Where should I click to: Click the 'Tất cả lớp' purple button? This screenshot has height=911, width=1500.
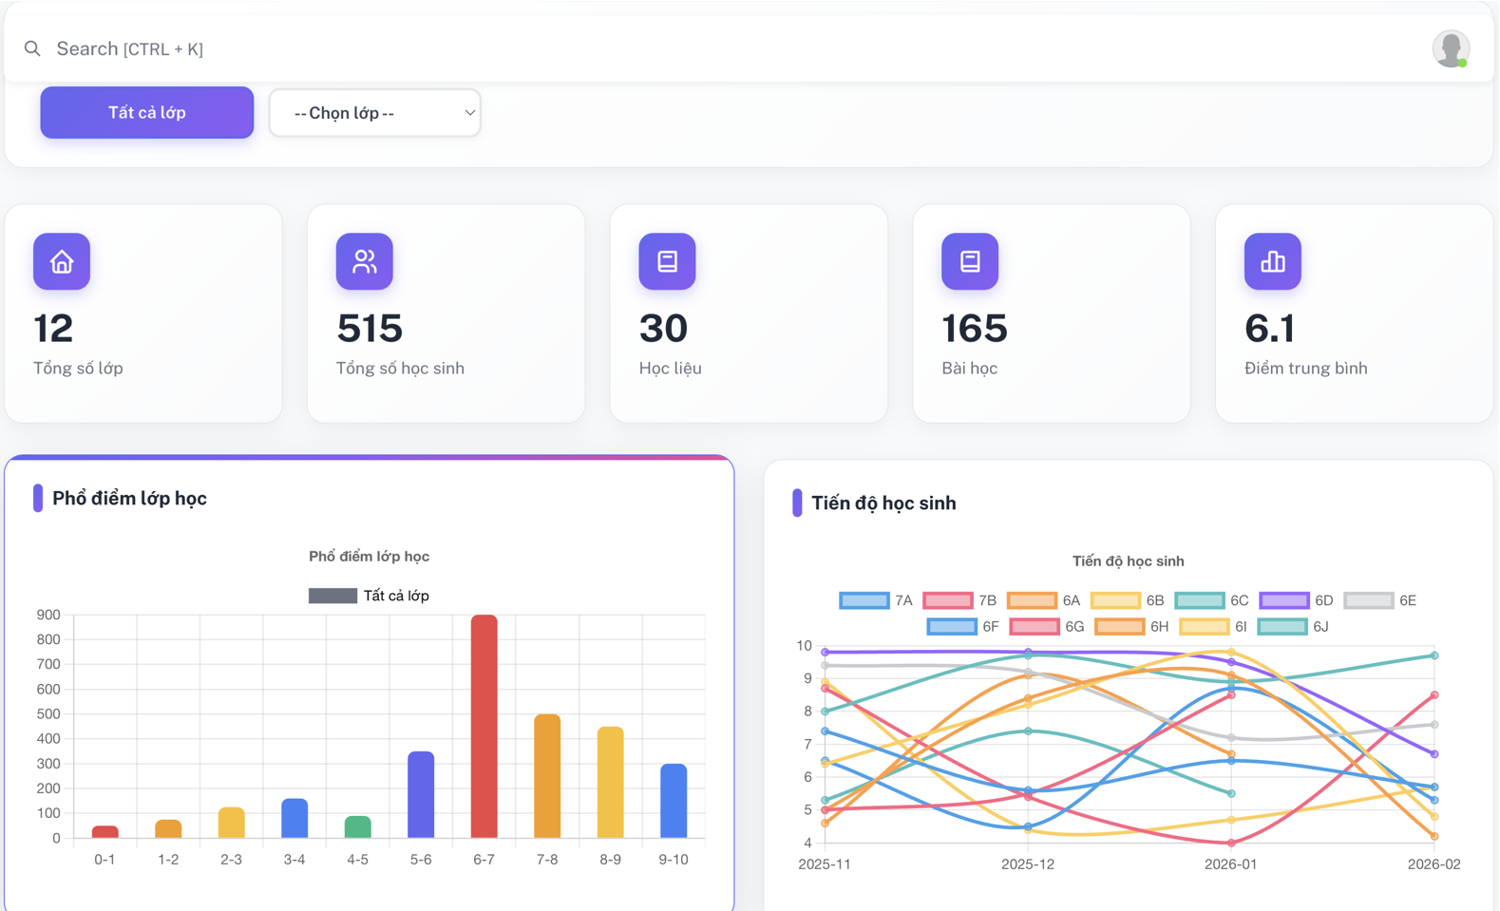click(x=146, y=112)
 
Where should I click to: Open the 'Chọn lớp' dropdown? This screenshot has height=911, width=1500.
click(x=374, y=113)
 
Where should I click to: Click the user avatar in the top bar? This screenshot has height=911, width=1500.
click(x=1451, y=48)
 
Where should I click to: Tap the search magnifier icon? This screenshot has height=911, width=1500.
click(x=32, y=48)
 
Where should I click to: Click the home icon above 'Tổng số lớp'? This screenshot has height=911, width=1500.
click(x=62, y=261)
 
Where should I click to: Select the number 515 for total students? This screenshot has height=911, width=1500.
click(x=370, y=329)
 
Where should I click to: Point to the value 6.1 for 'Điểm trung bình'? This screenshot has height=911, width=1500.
click(x=1269, y=329)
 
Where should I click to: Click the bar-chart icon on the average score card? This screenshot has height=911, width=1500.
click(x=1272, y=261)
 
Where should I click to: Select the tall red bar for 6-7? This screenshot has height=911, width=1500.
click(x=484, y=727)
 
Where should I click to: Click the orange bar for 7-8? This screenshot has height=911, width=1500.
click(x=547, y=776)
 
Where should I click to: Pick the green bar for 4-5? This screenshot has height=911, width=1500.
click(x=357, y=827)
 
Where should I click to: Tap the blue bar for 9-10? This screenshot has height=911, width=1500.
click(x=674, y=801)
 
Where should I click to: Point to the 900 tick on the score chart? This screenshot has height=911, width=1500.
click(x=48, y=615)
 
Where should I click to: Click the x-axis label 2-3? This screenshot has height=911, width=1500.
click(x=231, y=860)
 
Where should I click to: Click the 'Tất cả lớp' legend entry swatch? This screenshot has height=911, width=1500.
click(x=332, y=596)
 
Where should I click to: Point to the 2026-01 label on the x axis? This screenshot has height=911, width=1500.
click(x=1230, y=864)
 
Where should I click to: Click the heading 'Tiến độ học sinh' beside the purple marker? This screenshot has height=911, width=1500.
click(x=883, y=503)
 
